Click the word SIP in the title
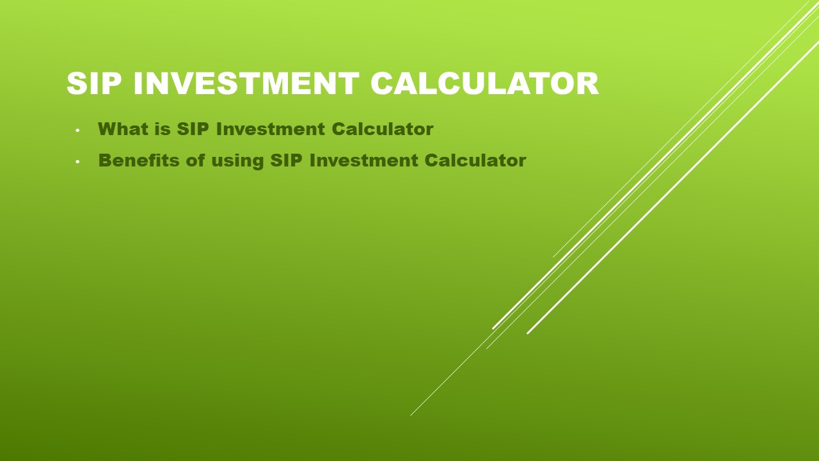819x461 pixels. point(95,84)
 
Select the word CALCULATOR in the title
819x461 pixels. point(484,84)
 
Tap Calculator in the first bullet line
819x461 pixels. point(382,129)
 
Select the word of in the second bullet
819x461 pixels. point(195,160)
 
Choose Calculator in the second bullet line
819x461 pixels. point(475,160)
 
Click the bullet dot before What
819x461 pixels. point(77,131)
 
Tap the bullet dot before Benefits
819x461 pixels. point(77,162)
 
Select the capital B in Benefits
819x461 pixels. point(105,160)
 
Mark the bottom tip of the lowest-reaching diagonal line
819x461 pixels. point(411,415)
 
